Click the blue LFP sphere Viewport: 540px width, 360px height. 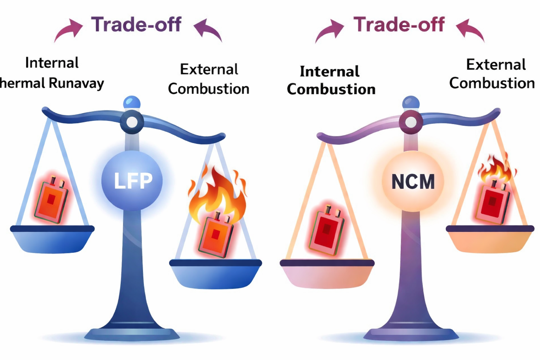point(132,180)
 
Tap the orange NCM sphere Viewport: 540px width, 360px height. point(413,181)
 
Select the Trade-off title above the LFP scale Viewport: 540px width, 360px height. point(136,25)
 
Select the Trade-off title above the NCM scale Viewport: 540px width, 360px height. point(399,25)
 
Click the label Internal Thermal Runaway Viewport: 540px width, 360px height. point(52,73)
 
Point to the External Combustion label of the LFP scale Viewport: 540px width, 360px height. point(209,79)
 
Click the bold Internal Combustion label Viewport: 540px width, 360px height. point(331,81)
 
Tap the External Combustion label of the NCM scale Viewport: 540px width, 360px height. point(492,74)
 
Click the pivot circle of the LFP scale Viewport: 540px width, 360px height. point(132,122)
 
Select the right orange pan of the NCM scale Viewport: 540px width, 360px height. point(490,240)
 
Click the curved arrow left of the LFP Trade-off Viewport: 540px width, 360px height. point(69,30)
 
